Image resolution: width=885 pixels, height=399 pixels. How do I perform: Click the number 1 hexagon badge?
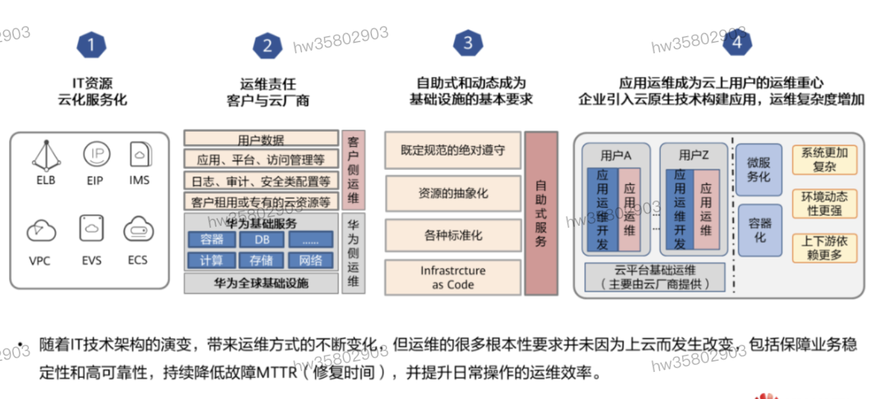92,45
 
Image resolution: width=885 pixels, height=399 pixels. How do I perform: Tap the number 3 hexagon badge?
468,43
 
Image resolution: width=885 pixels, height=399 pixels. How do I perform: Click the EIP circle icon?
96,155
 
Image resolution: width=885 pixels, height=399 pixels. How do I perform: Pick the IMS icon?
140,155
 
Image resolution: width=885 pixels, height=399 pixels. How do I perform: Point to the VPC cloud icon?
41,231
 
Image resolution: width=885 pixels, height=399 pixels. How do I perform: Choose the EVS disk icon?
92,228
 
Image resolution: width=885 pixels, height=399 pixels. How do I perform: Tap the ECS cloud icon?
138,229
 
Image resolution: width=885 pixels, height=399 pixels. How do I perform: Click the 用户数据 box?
261,140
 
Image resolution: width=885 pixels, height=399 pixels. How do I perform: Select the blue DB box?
262,240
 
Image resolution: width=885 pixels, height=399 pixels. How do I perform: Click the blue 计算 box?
211,261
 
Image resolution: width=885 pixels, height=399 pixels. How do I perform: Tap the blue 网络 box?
311,261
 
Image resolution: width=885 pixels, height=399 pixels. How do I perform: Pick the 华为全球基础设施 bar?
261,284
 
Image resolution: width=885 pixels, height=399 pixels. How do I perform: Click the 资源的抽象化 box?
453,194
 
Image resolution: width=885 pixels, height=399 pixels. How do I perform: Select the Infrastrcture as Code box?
453,278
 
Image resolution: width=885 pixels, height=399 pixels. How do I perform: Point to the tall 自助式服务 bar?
541,213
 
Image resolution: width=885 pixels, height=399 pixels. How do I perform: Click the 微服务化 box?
759,170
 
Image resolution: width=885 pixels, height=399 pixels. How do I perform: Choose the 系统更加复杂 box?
824,160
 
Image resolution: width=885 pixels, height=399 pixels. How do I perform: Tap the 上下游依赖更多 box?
824,248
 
